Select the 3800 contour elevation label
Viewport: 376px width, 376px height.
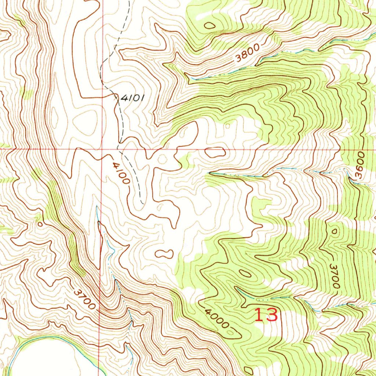click(247, 54)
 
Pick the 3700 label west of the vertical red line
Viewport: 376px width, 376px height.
click(84, 299)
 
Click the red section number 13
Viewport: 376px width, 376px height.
click(266, 315)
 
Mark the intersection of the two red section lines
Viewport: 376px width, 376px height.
click(101, 149)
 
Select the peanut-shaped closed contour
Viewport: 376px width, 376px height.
click(164, 253)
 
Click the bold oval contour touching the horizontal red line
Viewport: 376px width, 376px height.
click(216, 152)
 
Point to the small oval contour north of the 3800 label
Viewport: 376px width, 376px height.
click(210, 25)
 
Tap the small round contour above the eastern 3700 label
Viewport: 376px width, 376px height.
click(334, 231)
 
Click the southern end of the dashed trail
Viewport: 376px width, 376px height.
click(142, 202)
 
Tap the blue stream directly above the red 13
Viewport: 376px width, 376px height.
click(257, 296)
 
